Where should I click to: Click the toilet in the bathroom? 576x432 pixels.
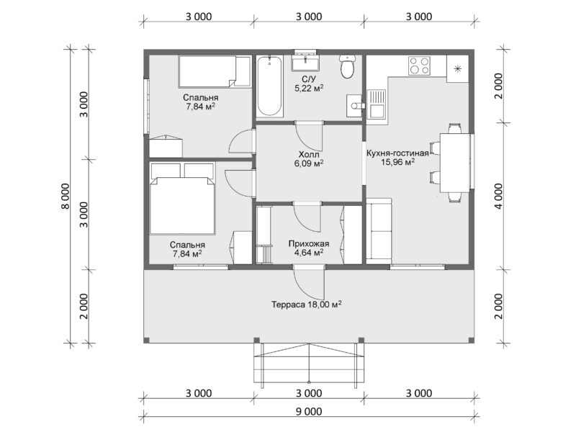click(x=347, y=66)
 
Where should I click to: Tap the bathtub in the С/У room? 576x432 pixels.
click(x=269, y=86)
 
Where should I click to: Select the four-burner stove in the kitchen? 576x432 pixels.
click(x=419, y=66)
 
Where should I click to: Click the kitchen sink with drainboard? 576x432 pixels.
click(x=375, y=104)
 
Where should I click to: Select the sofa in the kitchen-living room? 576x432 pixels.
click(x=379, y=230)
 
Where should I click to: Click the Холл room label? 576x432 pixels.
click(x=309, y=154)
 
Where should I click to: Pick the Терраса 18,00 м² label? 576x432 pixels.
click(x=307, y=304)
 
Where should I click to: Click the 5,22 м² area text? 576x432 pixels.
click(x=309, y=88)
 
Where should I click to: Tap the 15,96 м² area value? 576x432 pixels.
click(x=397, y=162)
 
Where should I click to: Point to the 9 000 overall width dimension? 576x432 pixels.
click(x=309, y=411)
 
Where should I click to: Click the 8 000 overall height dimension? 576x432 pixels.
click(x=65, y=196)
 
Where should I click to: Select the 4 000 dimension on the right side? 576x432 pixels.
click(x=498, y=196)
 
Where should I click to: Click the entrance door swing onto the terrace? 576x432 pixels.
click(x=310, y=284)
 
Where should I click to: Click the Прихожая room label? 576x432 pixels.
click(x=309, y=243)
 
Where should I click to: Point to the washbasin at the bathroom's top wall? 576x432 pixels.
click(x=305, y=63)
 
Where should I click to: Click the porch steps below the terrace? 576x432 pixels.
click(x=309, y=366)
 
